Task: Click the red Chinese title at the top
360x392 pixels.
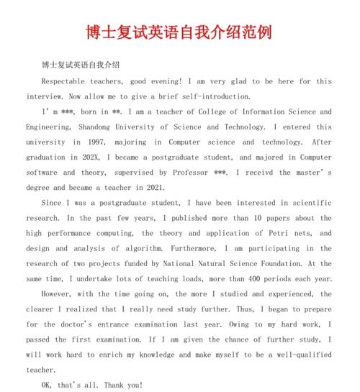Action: [x=180, y=33]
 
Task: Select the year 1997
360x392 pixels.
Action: [x=101, y=142]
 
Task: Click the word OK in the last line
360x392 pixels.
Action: [x=48, y=386]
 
